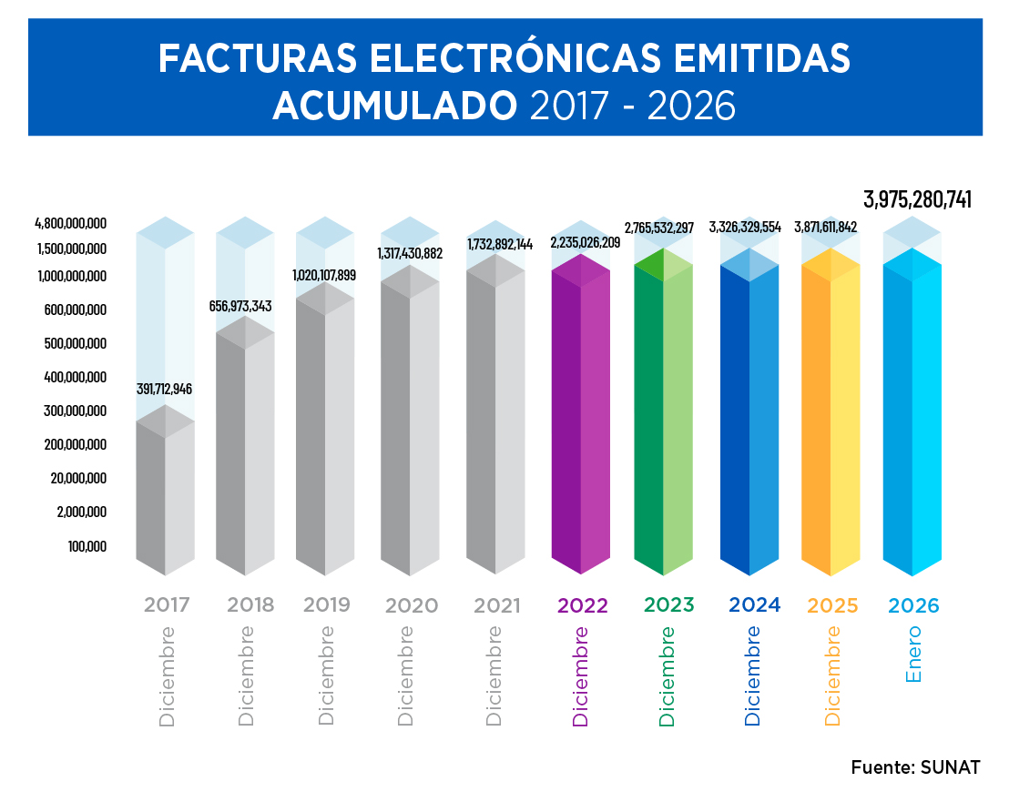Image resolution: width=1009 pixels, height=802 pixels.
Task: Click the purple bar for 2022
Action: pyautogui.click(x=581, y=419)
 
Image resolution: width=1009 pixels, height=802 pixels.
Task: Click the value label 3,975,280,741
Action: pyautogui.click(x=917, y=200)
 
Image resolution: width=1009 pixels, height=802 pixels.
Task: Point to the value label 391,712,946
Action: pyautogui.click(x=165, y=389)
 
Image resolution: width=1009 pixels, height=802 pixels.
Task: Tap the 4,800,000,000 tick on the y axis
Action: pyautogui.click(x=71, y=223)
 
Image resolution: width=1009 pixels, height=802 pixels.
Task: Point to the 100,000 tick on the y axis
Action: pyautogui.click(x=87, y=546)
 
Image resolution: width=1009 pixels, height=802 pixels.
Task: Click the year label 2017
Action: pyautogui.click(x=167, y=605)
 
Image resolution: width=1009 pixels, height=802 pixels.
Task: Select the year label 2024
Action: pyautogui.click(x=754, y=604)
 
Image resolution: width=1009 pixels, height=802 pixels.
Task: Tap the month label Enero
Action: pyautogui.click(x=913, y=654)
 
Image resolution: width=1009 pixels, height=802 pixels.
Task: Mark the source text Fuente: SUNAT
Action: pyautogui.click(x=915, y=767)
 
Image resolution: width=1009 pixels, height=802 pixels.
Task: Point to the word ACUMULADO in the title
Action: pyautogui.click(x=394, y=107)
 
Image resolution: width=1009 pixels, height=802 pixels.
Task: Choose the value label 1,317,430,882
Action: pyautogui.click(x=410, y=253)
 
